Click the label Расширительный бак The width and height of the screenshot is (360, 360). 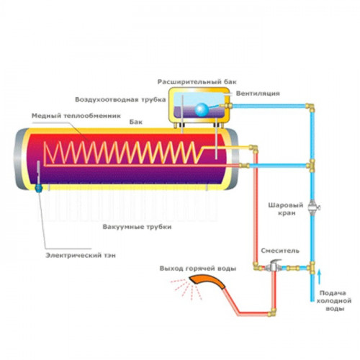197,82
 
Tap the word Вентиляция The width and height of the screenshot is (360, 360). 258,94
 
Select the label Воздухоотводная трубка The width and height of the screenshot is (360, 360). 120,99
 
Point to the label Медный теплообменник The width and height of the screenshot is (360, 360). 76,116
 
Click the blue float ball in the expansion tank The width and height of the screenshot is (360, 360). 202,109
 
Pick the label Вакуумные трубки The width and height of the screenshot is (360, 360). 137,227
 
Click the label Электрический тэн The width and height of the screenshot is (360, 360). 81,256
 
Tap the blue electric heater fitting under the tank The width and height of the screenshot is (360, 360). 38,188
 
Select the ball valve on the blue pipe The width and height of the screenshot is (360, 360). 313,207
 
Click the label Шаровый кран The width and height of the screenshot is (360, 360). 286,210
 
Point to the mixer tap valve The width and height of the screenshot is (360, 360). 273,265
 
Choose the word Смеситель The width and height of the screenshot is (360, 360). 280,251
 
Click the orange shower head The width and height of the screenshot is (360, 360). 207,282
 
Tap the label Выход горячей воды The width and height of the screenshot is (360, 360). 198,269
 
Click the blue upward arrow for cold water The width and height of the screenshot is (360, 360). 319,277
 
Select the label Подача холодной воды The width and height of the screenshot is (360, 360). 333,301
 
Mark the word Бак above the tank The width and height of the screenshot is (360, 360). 136,122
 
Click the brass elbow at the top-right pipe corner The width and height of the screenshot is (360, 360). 310,107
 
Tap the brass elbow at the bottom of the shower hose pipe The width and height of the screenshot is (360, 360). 272,312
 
